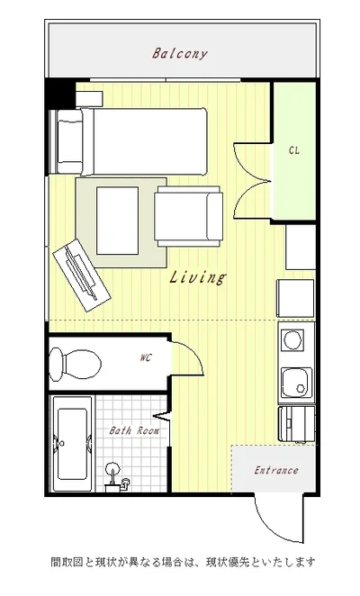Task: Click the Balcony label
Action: click(x=180, y=54)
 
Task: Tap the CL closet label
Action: click(x=294, y=150)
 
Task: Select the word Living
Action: click(x=197, y=276)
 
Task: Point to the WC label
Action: click(x=146, y=357)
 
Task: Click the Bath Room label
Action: click(x=134, y=430)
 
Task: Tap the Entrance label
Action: click(x=276, y=471)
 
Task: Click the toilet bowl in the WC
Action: click(x=76, y=364)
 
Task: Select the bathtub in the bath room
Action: click(x=73, y=444)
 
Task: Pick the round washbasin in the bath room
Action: click(x=112, y=468)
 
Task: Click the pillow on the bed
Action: click(x=69, y=141)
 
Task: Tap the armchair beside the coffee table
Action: click(x=188, y=216)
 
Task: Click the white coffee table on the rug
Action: click(x=117, y=221)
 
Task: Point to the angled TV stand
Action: click(x=82, y=275)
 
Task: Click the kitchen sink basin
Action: click(x=297, y=384)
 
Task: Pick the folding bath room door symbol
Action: click(x=162, y=416)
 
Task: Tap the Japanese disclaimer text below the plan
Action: click(x=184, y=562)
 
